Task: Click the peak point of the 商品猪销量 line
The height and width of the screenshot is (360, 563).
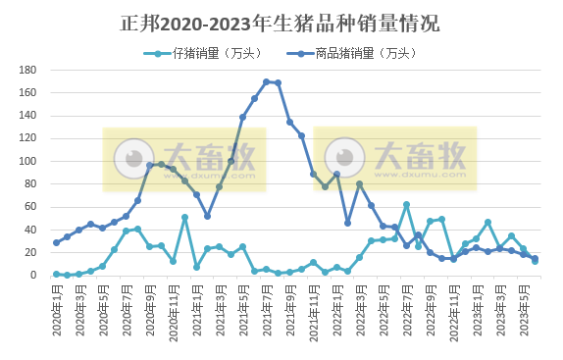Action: pyautogui.click(x=267, y=81)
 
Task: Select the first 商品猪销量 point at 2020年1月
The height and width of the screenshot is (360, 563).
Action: pyautogui.click(x=56, y=242)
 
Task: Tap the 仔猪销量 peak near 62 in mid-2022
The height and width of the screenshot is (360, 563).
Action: pyautogui.click(x=406, y=205)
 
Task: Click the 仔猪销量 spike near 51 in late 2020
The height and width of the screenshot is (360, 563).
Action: pyautogui.click(x=184, y=217)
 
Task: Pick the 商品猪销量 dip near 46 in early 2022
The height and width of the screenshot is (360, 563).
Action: pyautogui.click(x=348, y=223)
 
